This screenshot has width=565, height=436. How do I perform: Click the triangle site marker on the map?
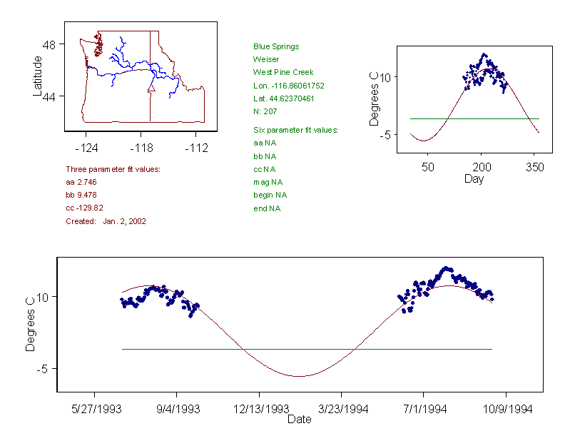(151, 88)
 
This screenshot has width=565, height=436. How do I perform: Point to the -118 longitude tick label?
(141, 148)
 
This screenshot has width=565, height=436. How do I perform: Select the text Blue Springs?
(276, 46)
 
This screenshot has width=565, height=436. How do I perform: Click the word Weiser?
(266, 59)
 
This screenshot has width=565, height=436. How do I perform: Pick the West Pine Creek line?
(283, 72)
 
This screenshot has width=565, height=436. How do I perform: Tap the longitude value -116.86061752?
(289, 85)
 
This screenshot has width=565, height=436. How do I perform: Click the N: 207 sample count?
(265, 111)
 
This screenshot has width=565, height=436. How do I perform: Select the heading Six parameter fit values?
(295, 130)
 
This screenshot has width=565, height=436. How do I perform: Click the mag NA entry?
(268, 182)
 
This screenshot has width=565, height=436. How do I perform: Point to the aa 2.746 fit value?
(81, 183)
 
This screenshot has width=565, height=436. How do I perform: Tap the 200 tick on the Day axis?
(482, 167)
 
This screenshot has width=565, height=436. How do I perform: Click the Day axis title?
(474, 179)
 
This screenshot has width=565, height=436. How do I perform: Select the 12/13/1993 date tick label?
(260, 410)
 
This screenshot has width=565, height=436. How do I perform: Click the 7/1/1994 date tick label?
(424, 410)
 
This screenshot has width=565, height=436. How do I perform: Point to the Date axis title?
(299, 420)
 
